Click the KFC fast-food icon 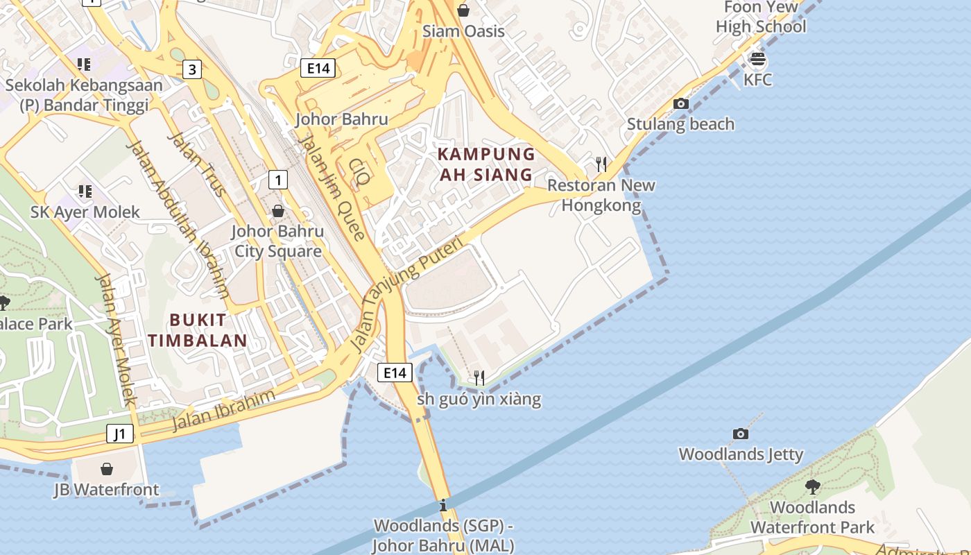(x=758, y=60)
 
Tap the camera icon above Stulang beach (x=681, y=104)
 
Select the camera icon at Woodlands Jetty (x=741, y=434)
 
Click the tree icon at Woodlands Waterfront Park (x=813, y=486)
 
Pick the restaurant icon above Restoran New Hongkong (x=601, y=164)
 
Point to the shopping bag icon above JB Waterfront (x=107, y=470)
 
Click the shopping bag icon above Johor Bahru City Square (x=278, y=210)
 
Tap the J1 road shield (x=120, y=434)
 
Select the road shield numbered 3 (x=192, y=69)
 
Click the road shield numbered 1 (x=278, y=180)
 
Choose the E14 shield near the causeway (x=395, y=373)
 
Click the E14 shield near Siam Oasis (x=318, y=67)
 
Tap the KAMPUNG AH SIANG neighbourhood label (x=486, y=164)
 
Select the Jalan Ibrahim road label (x=223, y=411)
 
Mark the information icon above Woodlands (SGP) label (x=443, y=505)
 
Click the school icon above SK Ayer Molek (x=85, y=191)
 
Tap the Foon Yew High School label (x=761, y=17)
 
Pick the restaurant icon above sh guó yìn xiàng (x=479, y=377)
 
